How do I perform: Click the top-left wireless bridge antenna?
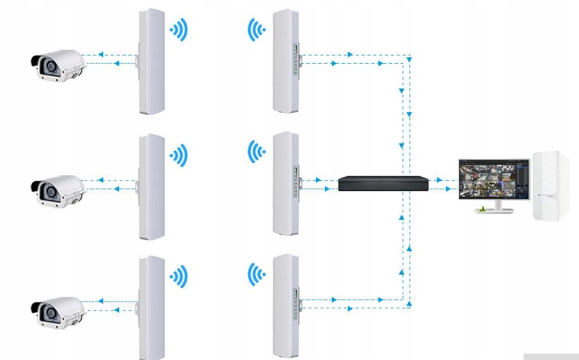[152, 62]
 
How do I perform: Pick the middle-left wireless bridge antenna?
[152, 187]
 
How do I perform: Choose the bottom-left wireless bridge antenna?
[152, 308]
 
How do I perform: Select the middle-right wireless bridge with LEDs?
[286, 184]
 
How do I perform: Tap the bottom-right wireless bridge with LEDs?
[286, 306]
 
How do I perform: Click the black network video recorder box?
[382, 183]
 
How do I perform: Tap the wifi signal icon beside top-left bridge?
[179, 29]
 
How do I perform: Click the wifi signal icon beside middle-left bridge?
[179, 155]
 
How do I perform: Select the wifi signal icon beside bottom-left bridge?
[179, 276]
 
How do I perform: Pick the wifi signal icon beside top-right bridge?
[256, 29]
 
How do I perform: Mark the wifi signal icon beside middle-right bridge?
[256, 152]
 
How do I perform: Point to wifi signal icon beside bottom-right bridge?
[256, 275]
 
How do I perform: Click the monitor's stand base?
[494, 210]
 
